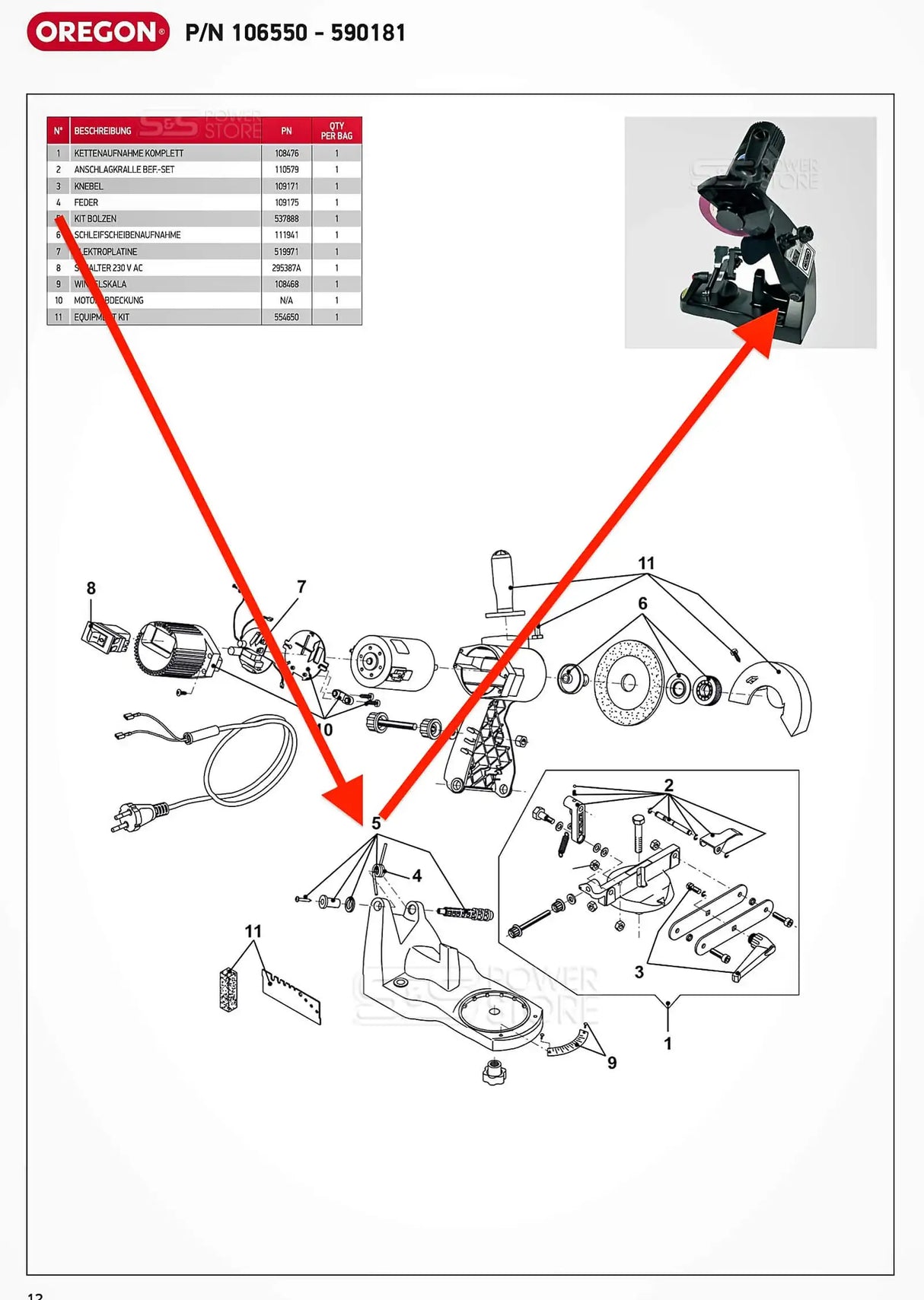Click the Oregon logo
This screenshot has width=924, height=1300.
98,32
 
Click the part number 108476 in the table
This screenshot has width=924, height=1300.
286,153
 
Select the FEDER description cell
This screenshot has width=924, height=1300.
86,202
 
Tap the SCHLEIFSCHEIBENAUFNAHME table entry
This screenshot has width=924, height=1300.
127,235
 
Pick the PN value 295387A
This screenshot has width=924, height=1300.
286,268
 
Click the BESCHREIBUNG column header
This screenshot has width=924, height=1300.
103,131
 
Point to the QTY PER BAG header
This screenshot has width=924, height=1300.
336,131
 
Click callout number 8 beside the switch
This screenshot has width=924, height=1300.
91,588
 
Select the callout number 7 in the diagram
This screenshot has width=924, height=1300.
301,586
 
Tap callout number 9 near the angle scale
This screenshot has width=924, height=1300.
612,1063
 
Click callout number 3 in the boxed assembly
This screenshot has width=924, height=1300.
639,971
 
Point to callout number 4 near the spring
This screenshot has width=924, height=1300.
417,876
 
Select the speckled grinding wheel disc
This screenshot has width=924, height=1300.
628,682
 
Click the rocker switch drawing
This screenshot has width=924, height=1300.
105,636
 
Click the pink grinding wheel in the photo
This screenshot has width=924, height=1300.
712,220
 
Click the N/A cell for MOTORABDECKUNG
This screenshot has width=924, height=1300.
286,300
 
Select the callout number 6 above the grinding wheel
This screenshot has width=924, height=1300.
642,603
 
